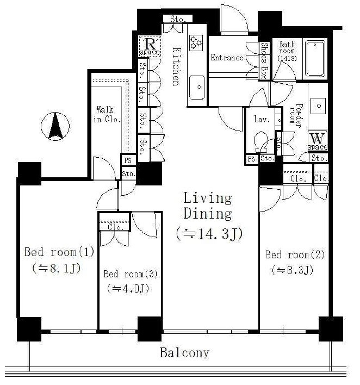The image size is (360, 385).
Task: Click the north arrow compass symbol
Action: (55, 126)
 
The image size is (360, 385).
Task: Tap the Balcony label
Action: (184, 352)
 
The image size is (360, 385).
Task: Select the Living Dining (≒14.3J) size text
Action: (209, 234)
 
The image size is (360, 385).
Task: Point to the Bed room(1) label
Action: (59, 252)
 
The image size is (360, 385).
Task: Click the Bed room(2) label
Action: (295, 254)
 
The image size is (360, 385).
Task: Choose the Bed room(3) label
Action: (131, 274)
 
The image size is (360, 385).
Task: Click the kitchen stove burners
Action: (196, 42)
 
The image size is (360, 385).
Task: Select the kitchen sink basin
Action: (197, 88)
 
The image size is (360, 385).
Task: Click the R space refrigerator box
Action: (150, 46)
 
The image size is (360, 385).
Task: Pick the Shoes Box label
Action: (264, 60)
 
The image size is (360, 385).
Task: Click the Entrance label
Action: (227, 58)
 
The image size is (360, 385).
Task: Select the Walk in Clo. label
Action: (107, 114)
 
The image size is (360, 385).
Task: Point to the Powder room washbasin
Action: (318, 106)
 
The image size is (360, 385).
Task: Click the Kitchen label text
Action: (176, 66)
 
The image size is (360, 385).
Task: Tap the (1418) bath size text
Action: (287, 58)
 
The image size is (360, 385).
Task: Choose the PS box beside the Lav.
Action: (251, 159)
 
